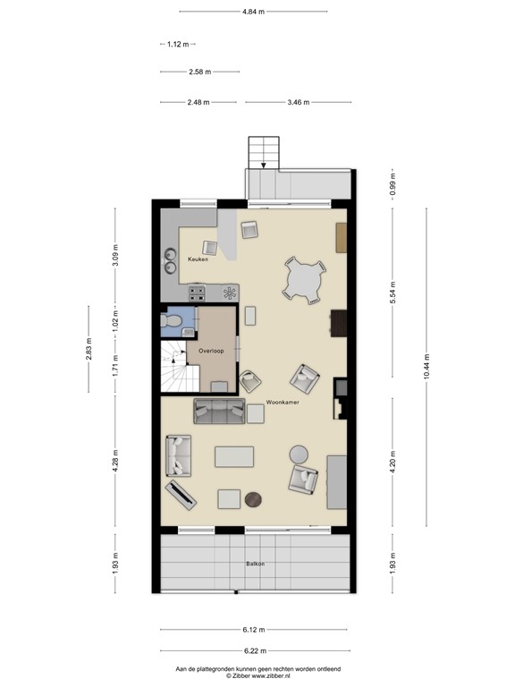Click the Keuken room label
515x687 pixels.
coord(198,259)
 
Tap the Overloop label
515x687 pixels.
coord(212,352)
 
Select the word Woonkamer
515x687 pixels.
coord(282,403)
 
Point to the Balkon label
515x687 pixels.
coord(256,564)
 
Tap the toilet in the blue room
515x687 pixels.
coord(169,320)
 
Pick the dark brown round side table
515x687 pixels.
coord(254,499)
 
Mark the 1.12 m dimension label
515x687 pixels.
coord(178,44)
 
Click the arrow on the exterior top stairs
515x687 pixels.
coord(263,165)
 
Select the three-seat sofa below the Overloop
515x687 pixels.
coord(220,411)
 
